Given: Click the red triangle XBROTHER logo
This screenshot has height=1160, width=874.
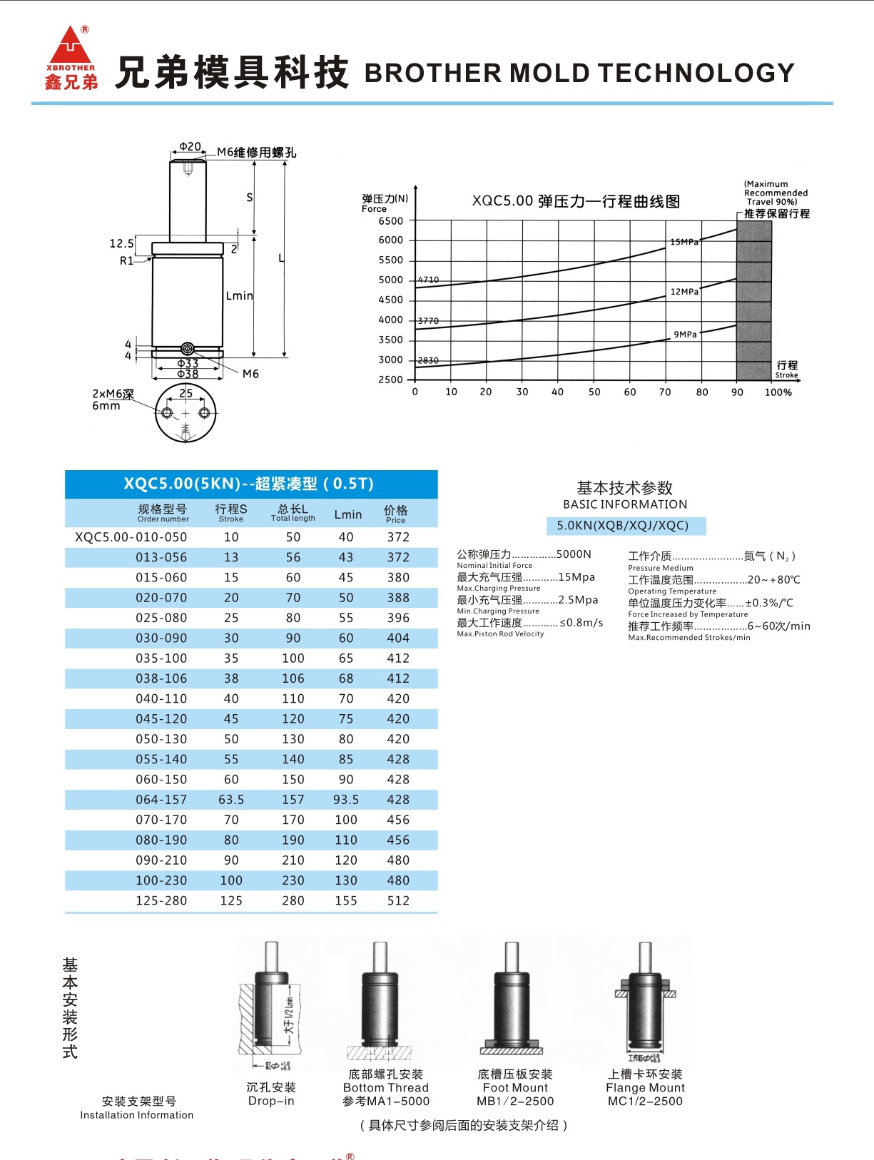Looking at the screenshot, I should [x=70, y=46].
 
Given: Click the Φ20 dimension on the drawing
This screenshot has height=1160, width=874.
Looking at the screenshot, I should [x=190, y=146].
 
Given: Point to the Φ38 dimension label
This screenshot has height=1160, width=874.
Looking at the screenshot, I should [x=188, y=374].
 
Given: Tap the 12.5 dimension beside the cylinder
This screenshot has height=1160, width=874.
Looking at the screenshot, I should [x=121, y=243].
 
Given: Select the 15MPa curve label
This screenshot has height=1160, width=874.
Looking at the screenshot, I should [x=684, y=242].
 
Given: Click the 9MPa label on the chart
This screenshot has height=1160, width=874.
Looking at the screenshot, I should [x=685, y=334].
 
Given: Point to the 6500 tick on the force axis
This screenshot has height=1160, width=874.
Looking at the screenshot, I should [x=390, y=220].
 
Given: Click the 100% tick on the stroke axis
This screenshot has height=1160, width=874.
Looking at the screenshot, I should [x=778, y=392].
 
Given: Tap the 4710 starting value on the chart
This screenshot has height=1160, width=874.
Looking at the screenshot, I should [x=428, y=280].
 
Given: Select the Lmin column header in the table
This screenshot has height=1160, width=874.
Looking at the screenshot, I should [x=347, y=514].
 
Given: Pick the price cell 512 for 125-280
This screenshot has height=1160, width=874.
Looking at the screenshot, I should [x=398, y=901].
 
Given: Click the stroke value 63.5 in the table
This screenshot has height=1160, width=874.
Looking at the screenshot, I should [x=231, y=800].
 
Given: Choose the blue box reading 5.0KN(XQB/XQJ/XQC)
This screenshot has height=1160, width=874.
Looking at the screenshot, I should [x=623, y=526].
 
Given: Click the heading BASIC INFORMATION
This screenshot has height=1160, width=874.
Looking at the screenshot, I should [x=625, y=504].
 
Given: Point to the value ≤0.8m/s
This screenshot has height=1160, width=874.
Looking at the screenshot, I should [x=581, y=623].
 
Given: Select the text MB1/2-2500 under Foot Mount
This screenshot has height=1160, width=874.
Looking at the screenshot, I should [x=515, y=1102].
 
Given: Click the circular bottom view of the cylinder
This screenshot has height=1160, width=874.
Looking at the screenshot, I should [x=186, y=413].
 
